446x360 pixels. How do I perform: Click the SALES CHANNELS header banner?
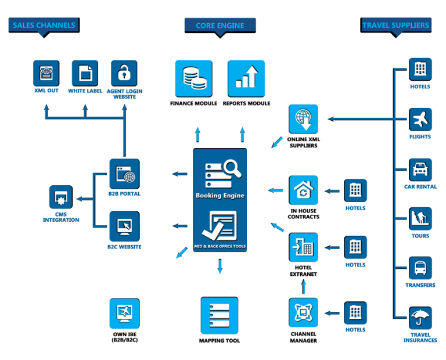[44, 25]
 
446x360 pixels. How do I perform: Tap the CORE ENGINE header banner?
[220, 26]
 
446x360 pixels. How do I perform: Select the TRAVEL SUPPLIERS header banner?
[396, 25]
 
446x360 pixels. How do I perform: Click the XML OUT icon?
[46, 73]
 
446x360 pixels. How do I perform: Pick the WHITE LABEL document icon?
[85, 73]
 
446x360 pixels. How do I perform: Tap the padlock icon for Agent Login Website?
[124, 73]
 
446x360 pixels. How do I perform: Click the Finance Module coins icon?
[193, 78]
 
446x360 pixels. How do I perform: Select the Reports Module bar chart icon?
[246, 78]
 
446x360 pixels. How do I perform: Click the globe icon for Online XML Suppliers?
[303, 119]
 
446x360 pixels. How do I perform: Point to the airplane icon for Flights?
[420, 120]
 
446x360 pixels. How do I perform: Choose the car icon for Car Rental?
[420, 170]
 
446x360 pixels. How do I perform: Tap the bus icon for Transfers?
[420, 269]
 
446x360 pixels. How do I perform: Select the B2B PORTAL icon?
[124, 174]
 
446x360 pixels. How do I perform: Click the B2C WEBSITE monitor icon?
[124, 226]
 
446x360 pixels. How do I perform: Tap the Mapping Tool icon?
[219, 316]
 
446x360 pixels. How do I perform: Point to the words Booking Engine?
[220, 196]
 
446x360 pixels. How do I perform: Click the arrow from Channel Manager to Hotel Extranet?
[303, 286]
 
